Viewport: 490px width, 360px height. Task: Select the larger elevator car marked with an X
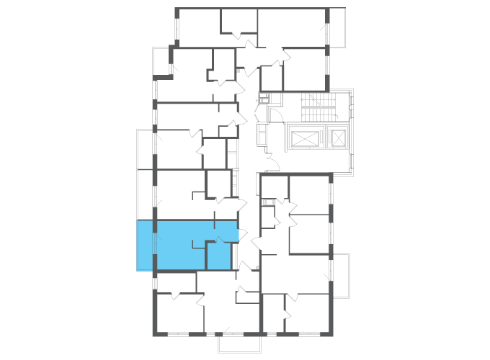point(305,137)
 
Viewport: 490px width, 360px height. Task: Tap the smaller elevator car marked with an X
point(337,137)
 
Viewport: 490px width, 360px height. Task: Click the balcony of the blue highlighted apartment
point(145,246)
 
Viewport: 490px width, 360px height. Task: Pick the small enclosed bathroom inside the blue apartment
point(218,256)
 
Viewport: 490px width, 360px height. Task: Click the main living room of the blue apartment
point(180,245)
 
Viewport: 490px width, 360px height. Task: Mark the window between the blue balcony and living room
point(154,246)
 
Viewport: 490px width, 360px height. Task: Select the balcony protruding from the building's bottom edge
point(239,344)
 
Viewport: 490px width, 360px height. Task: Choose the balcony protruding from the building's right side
point(339,276)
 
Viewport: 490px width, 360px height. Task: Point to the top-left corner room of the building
point(198,26)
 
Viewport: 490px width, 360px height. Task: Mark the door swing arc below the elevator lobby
point(272,166)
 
